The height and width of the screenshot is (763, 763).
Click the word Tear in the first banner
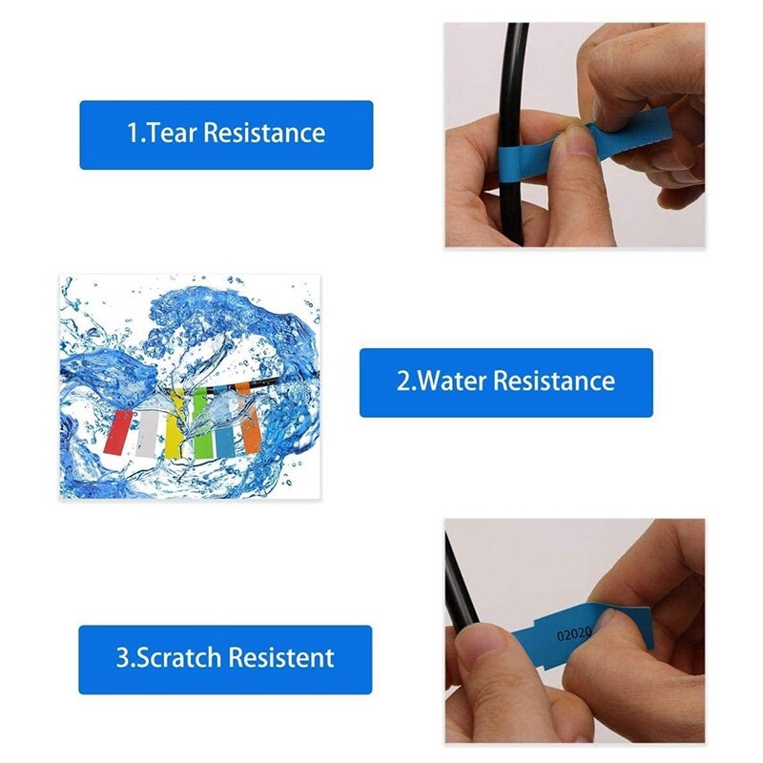pyautogui.click(x=170, y=133)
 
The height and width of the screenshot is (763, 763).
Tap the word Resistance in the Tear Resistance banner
pyautogui.click(x=264, y=133)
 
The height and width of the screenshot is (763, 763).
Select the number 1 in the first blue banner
pyautogui.click(x=133, y=133)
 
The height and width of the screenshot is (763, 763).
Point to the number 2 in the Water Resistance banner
pyautogui.click(x=402, y=381)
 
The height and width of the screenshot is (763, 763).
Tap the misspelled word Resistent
pyautogui.click(x=284, y=658)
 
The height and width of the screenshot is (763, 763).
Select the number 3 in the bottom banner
pyautogui.click(x=122, y=658)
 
